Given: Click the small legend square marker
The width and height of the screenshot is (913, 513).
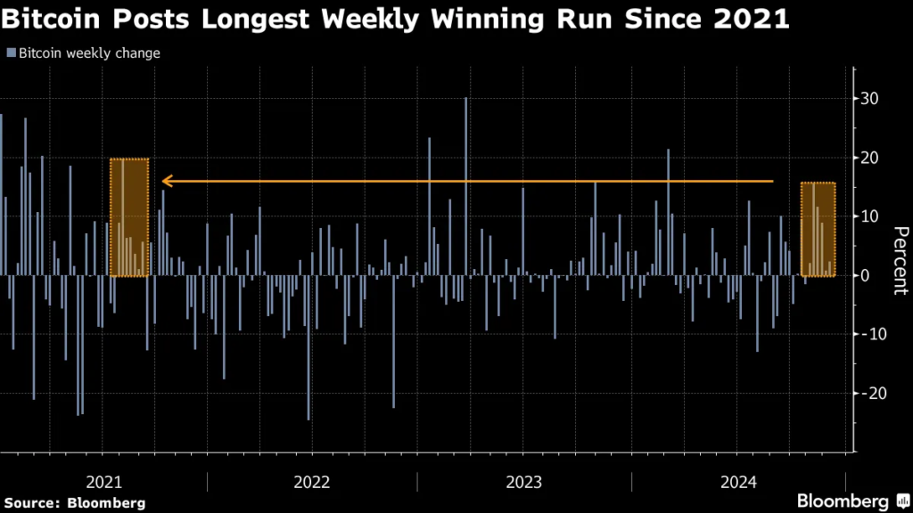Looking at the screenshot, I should (11, 53).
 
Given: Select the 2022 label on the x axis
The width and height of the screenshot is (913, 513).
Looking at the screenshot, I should (312, 482).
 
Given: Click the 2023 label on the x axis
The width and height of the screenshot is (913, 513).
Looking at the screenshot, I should (524, 482).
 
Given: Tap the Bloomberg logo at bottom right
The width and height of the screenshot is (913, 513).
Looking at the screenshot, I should (843, 501).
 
